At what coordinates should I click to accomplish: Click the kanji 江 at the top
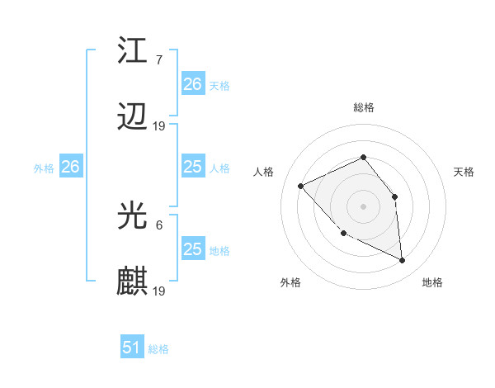pos(133,51)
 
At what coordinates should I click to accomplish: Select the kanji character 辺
pos(133,117)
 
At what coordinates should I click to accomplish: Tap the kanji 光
pos(133,216)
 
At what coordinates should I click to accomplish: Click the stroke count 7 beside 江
pos(158,59)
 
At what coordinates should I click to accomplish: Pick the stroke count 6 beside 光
pos(158,225)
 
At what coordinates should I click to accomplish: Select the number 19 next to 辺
pos(159,125)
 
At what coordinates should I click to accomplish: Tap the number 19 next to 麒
pos(159,291)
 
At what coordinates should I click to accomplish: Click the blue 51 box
pos(132,348)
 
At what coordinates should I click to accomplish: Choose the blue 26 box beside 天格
pos(193,84)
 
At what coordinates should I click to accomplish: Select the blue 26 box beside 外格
pos(70,167)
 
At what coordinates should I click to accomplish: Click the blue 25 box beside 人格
pos(193,167)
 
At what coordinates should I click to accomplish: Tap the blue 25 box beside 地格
pos(193,249)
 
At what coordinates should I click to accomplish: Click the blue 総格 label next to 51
pos(158,349)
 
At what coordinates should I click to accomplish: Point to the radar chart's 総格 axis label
pos(363,107)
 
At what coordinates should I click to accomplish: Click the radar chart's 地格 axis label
pos(432,282)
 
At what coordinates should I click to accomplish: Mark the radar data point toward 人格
pos(301,186)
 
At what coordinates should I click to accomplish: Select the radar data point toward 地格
pos(402,260)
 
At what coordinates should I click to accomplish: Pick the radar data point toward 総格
pos(363,157)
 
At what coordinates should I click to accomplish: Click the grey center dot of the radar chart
pos(363,206)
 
